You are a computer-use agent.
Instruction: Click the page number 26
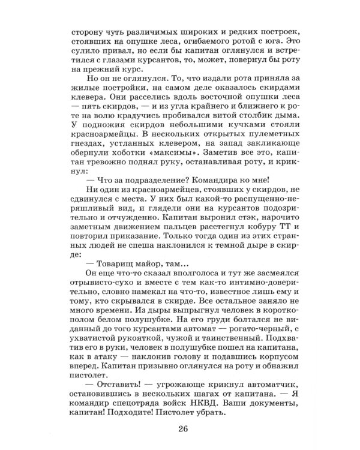184,427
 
